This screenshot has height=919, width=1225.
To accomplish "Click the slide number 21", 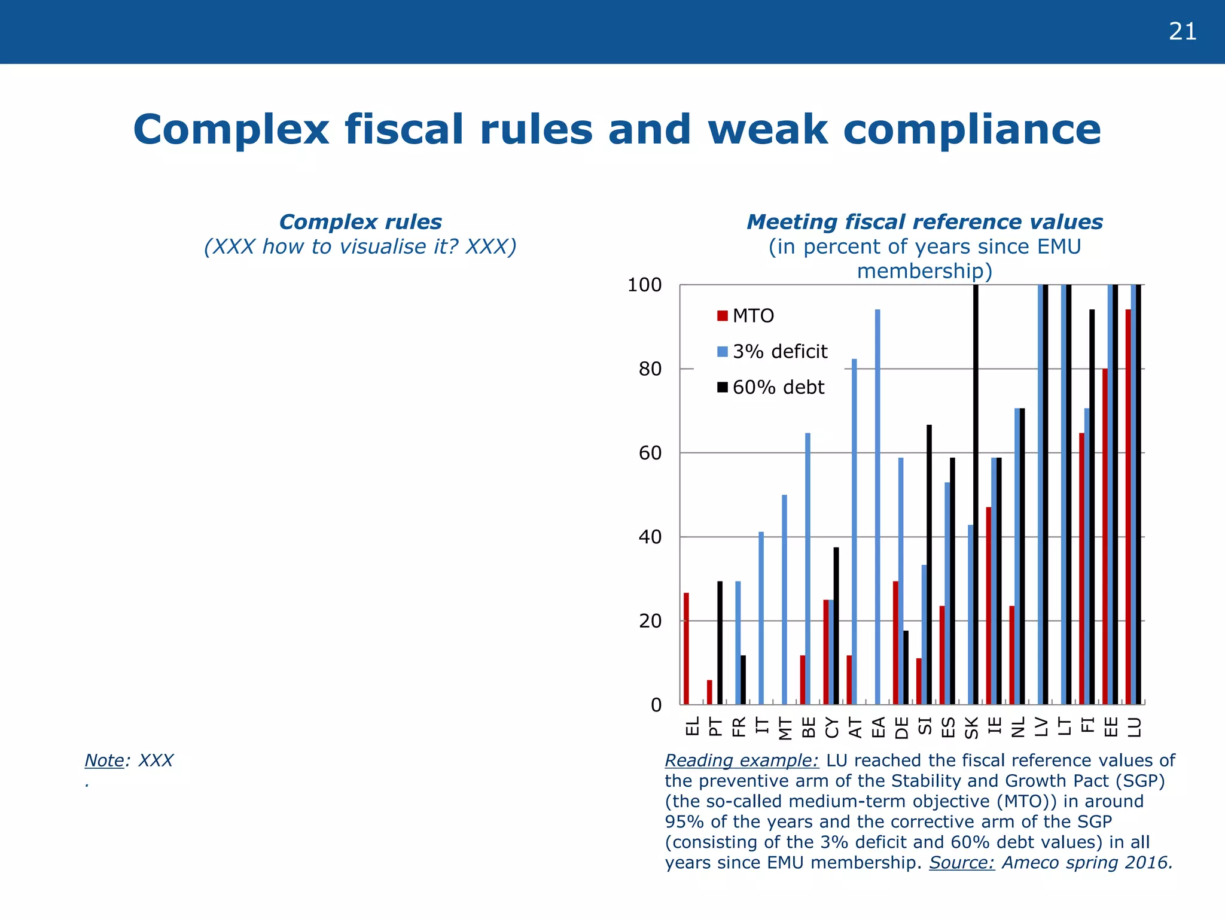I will [x=1183, y=32].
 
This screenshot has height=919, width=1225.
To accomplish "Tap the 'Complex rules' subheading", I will [x=360, y=222].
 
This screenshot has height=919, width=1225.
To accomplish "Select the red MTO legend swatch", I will [x=723, y=316].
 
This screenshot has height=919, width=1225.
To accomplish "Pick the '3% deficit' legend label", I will [x=779, y=352].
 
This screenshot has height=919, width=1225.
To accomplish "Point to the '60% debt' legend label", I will [x=778, y=388].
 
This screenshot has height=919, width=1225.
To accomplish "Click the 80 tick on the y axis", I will [x=650, y=369].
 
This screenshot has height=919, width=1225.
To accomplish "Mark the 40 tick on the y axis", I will [x=650, y=537].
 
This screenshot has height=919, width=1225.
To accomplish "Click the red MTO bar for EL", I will [x=686, y=649].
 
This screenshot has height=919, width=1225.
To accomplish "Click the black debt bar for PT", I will [x=720, y=643].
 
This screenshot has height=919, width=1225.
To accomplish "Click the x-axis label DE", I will [x=901, y=728].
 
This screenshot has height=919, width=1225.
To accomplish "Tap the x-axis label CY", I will [x=831, y=728].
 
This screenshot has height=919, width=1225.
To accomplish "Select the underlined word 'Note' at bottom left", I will [x=104, y=760].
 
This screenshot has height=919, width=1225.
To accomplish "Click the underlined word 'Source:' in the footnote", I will [x=962, y=863].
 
